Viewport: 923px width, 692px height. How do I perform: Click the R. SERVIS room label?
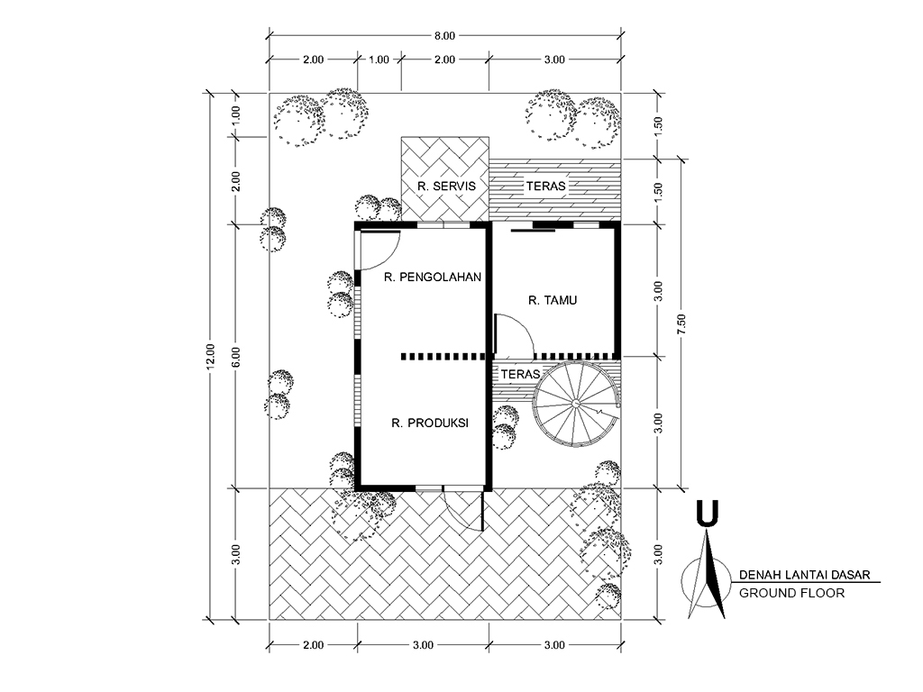coord(446,186)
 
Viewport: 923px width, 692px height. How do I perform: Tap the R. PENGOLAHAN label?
coord(433,277)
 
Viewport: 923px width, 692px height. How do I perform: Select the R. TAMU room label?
coord(553,300)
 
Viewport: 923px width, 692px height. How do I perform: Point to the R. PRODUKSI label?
coord(430,423)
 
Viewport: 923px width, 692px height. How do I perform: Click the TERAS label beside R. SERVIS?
coord(545,186)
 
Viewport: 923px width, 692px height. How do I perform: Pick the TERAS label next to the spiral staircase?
coord(520,374)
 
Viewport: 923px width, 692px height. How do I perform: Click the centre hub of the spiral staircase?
coord(575,403)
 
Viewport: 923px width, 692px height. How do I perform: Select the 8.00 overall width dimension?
coord(445,36)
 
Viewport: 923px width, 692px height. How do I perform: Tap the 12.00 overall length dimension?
coord(211,356)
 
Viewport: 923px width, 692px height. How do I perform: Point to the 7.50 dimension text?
coord(681,324)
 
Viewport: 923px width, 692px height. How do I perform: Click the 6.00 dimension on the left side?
coord(235,356)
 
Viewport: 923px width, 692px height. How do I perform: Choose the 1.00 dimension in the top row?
coord(379,59)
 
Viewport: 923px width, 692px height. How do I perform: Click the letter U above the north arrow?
coord(707,512)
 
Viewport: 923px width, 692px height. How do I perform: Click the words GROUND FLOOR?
coord(791,593)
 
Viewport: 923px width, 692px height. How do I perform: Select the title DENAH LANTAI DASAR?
coord(804,575)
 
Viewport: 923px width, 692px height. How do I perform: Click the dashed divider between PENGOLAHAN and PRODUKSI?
coord(442,357)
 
